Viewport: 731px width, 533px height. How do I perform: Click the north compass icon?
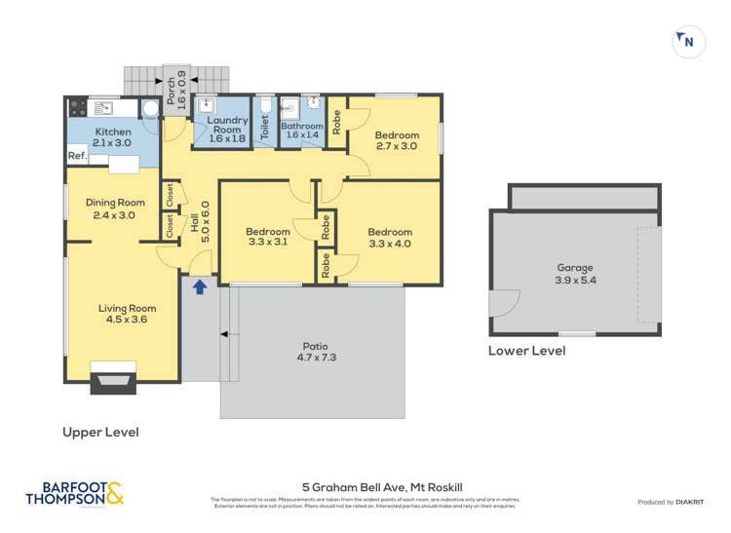pyautogui.click(x=689, y=41)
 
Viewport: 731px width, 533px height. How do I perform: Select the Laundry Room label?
pyautogui.click(x=228, y=129)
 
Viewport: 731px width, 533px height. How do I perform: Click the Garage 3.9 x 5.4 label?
pyautogui.click(x=575, y=273)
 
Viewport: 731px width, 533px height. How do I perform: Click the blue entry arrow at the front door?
pyautogui.click(x=200, y=286)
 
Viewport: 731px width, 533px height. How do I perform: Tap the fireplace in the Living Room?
pyautogui.click(x=113, y=377)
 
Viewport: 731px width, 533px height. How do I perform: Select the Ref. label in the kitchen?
pyautogui.click(x=77, y=156)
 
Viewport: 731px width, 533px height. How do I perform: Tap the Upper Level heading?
pyautogui.click(x=100, y=432)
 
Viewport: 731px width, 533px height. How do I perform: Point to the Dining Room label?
pyautogui.click(x=112, y=209)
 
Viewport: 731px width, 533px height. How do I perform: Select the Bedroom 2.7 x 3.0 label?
pyautogui.click(x=397, y=140)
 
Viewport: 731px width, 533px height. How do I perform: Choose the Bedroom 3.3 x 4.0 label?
pyautogui.click(x=390, y=238)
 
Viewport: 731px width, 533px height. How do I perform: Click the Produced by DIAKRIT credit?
pyautogui.click(x=670, y=501)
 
